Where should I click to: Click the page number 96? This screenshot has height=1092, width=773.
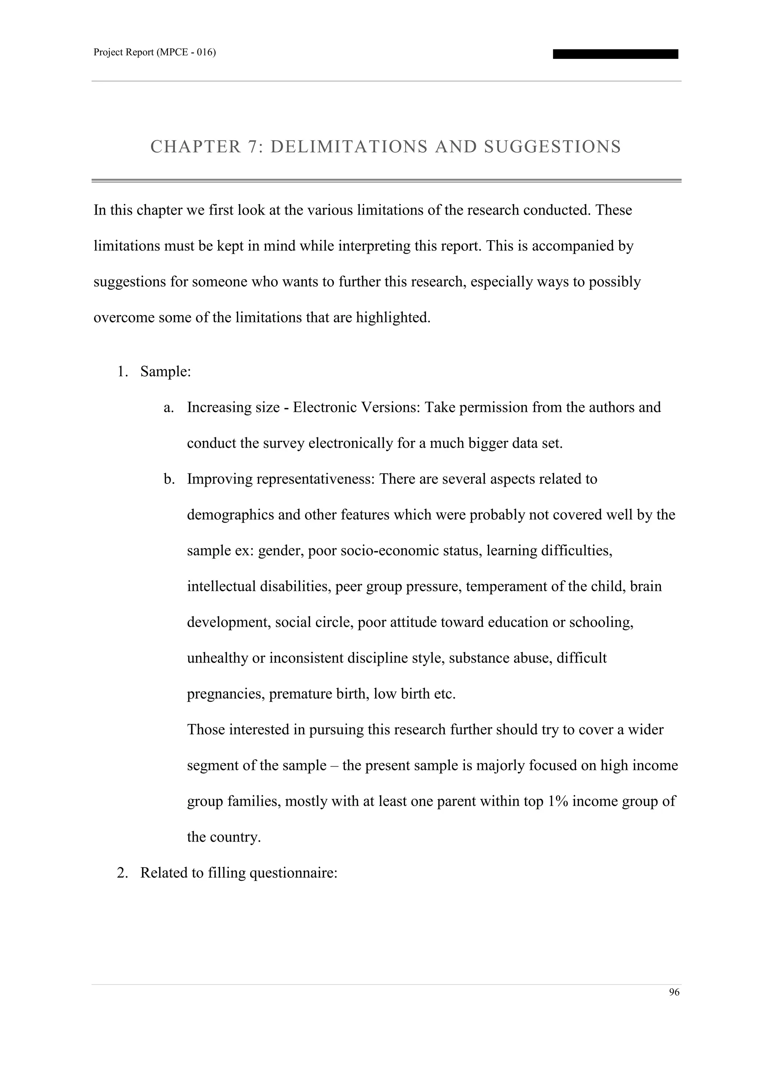[674, 992]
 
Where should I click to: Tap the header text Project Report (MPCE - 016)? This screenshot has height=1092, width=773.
[155, 52]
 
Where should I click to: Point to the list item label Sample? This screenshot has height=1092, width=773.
[165, 372]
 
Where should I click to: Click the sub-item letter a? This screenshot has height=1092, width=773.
[168, 408]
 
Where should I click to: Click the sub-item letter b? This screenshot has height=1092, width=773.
[168, 479]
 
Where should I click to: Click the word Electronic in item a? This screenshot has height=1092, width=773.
[323, 408]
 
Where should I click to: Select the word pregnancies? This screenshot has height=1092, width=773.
[226, 694]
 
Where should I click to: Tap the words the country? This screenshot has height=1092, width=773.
[224, 837]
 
